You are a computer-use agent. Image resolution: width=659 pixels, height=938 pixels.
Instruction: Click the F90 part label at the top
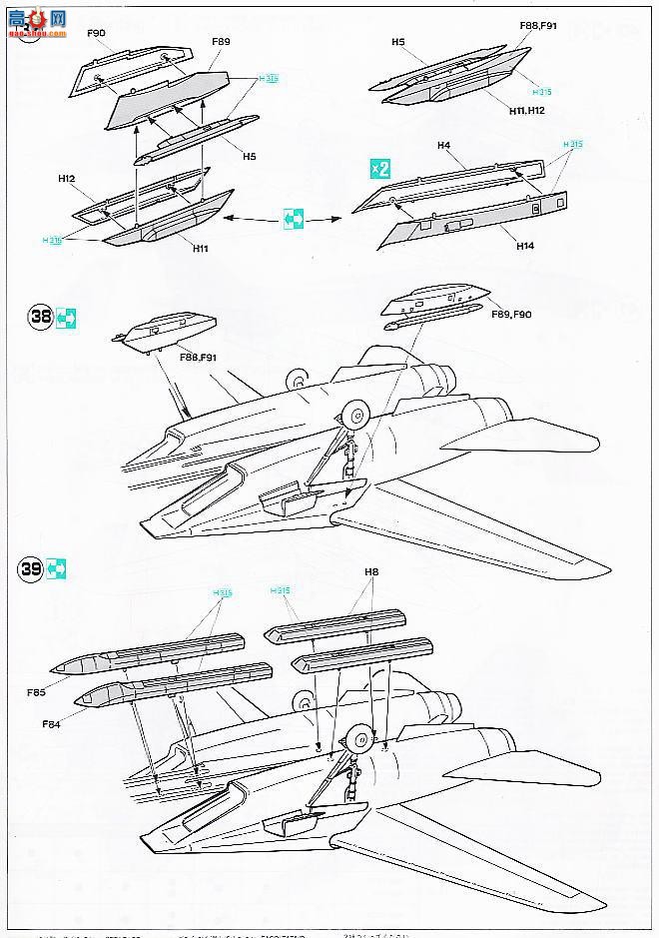(x=96, y=33)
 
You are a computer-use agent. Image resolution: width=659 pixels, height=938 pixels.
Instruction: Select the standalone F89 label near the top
(x=221, y=42)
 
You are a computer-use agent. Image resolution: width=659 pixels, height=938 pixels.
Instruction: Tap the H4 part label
(x=444, y=147)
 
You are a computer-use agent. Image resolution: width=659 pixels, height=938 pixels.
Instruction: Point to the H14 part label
(x=526, y=245)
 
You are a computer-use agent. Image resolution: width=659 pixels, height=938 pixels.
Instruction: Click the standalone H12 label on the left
(x=67, y=179)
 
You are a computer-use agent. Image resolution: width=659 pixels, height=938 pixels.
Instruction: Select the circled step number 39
(x=31, y=568)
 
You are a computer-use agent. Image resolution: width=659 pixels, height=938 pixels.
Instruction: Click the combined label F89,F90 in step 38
(x=511, y=314)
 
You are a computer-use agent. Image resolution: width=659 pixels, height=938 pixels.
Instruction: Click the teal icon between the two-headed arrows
(x=293, y=218)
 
